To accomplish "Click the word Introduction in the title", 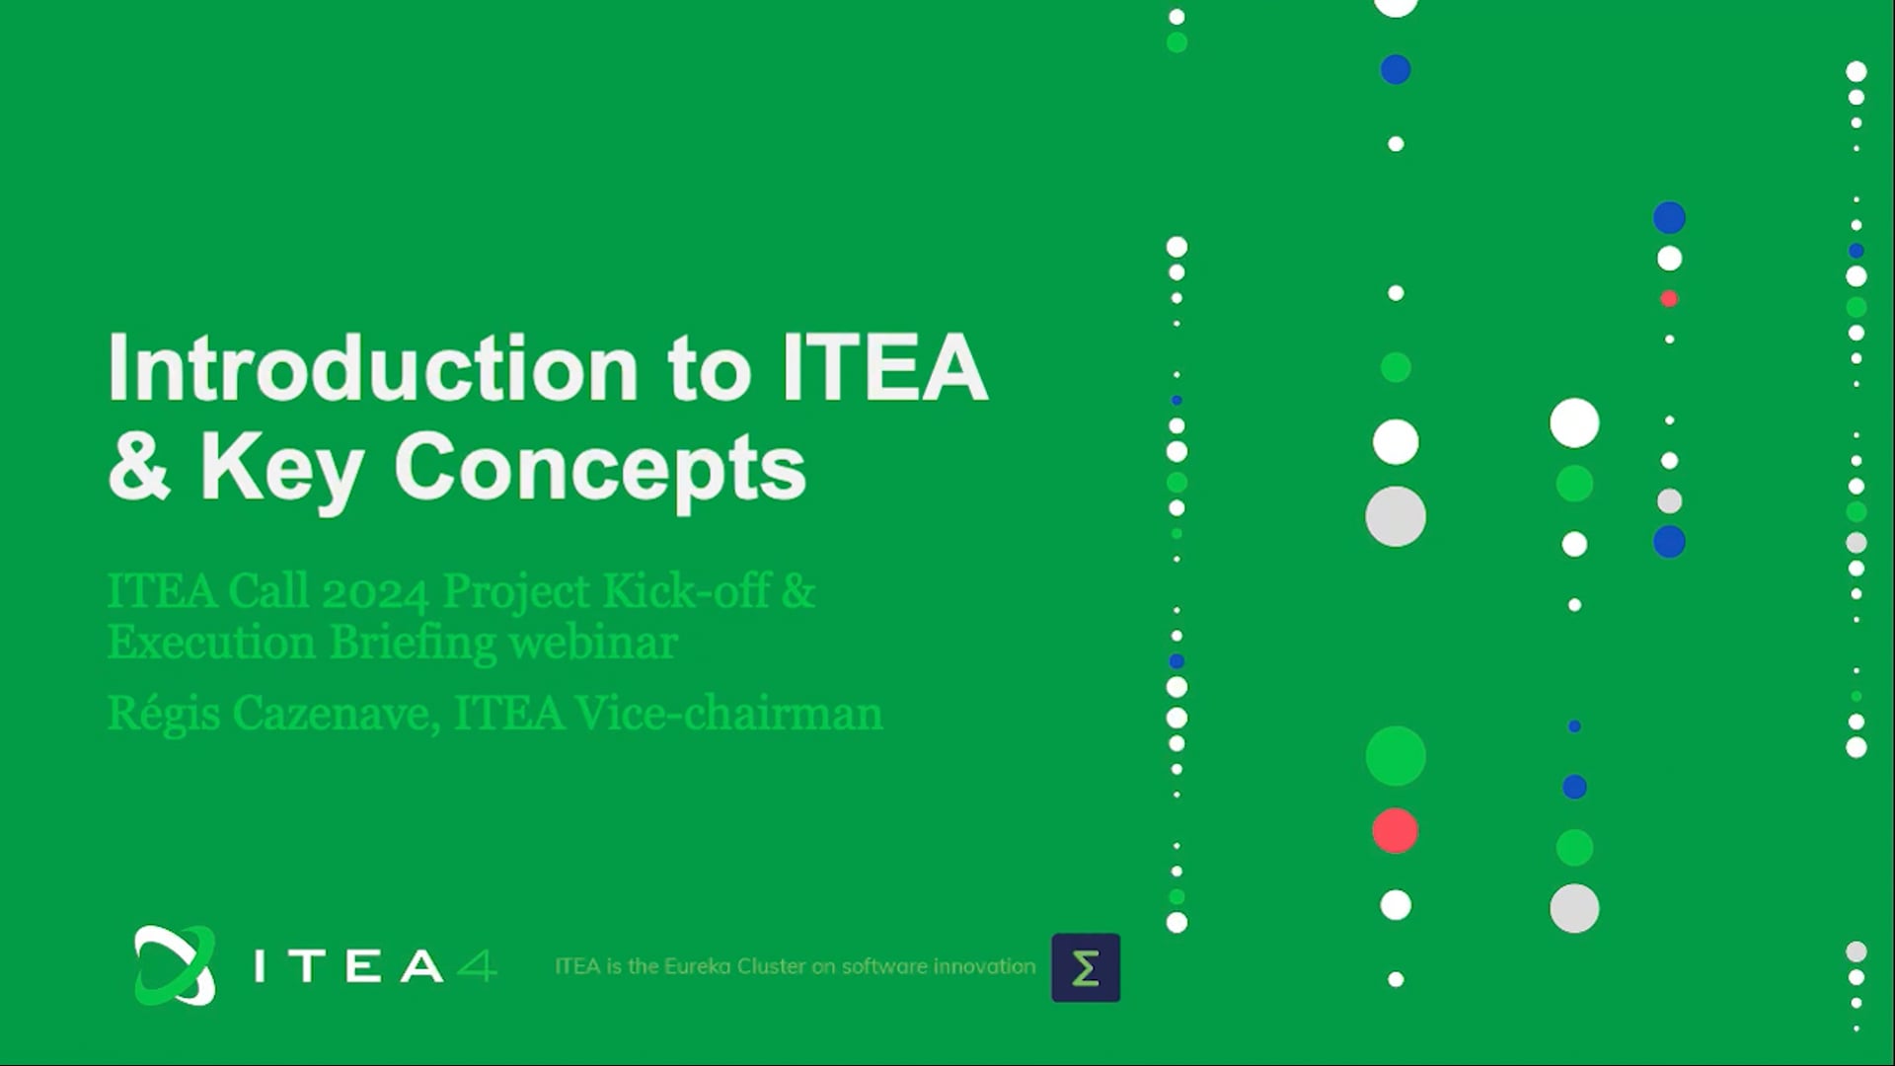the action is pyautogui.click(x=373, y=367).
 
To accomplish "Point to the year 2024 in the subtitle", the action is pyautogui.click(x=375, y=592).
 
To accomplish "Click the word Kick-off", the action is pyautogui.click(x=686, y=590).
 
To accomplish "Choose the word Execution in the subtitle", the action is pyautogui.click(x=211, y=643).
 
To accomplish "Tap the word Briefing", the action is pyautogui.click(x=413, y=644).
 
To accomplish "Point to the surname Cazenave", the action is pyautogui.click(x=336, y=714).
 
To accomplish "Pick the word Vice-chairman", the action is pyautogui.click(x=728, y=713).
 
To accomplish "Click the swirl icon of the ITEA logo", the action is pyautogui.click(x=175, y=965).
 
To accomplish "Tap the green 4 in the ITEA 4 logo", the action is pyautogui.click(x=478, y=965).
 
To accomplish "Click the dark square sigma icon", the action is pyautogui.click(x=1086, y=967).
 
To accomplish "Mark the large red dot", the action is pyautogui.click(x=1396, y=831).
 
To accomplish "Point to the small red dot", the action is pyautogui.click(x=1669, y=298).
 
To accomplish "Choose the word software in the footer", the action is pyautogui.click(x=884, y=966).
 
